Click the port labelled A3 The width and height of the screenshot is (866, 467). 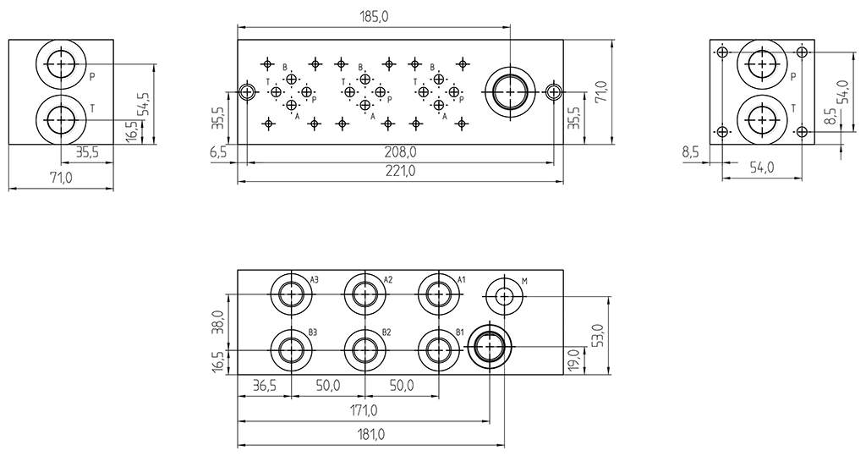(291, 294)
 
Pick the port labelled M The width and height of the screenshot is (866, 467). (504, 295)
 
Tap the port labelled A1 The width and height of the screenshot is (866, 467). (438, 294)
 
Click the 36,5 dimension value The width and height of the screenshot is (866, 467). (265, 386)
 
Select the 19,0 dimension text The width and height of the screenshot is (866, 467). (574, 359)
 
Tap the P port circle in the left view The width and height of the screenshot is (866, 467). (60, 64)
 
